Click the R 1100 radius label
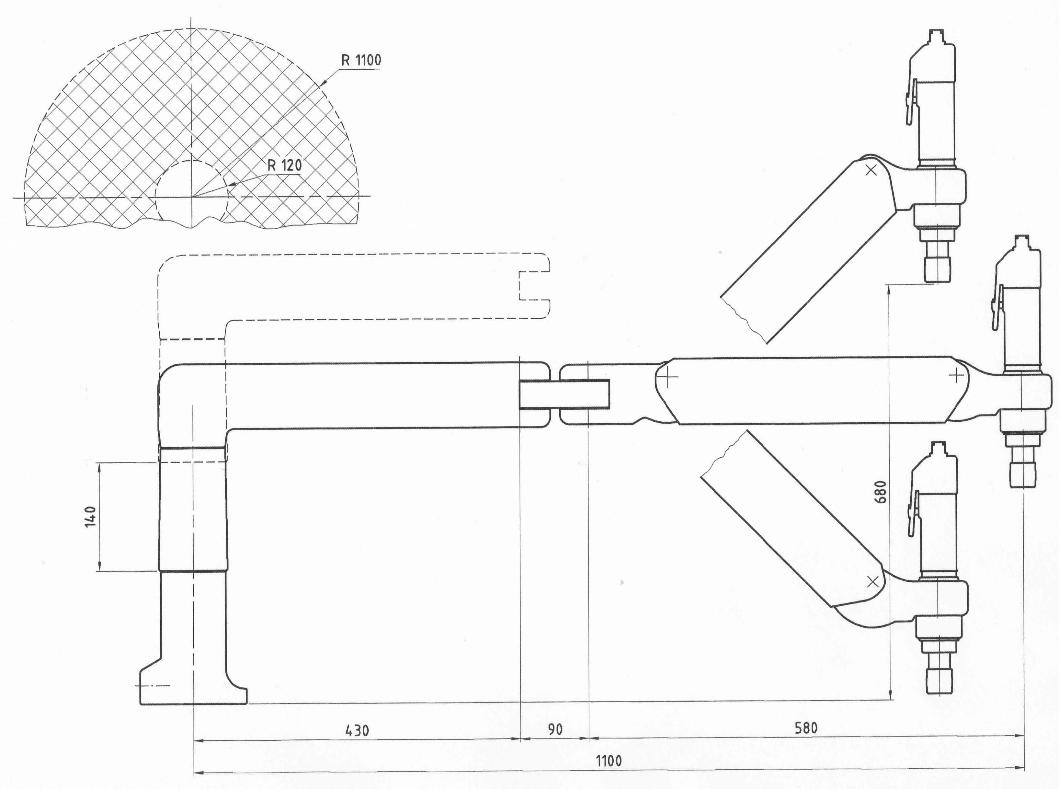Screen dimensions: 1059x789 click(361, 60)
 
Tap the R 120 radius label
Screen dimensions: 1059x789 click(285, 165)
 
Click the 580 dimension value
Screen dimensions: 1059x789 click(806, 728)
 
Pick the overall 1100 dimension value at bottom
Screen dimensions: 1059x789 click(609, 761)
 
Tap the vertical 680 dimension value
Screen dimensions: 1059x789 click(881, 491)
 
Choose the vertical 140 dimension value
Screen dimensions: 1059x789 click(90, 517)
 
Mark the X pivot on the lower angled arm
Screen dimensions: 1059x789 click(872, 581)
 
